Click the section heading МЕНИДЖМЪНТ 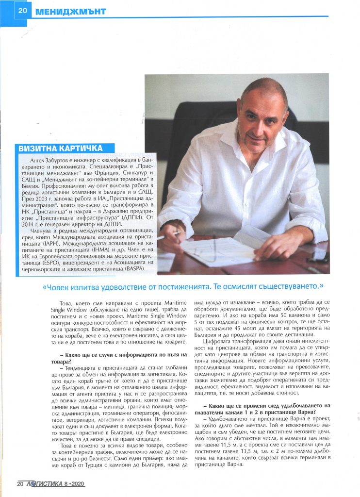pos(70,11)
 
